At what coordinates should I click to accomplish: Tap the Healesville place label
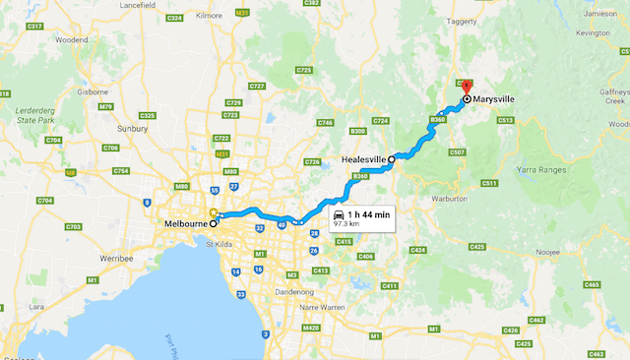point(363,158)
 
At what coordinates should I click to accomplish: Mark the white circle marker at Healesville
point(391,158)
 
